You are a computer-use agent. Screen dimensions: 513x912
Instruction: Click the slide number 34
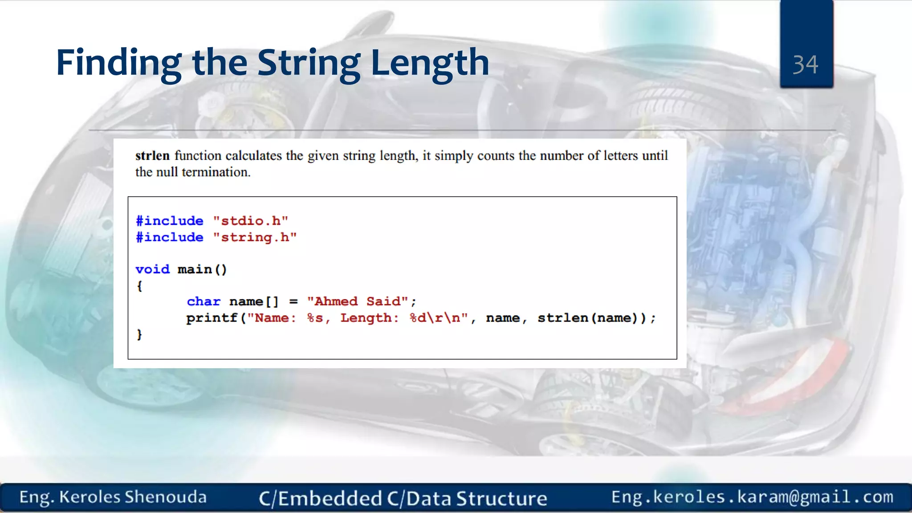click(x=805, y=65)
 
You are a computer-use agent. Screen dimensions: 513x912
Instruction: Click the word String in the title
click(x=309, y=63)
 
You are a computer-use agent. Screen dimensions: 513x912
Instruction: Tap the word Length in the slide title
click(x=430, y=63)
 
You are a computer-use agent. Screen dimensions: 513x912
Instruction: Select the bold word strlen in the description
click(x=152, y=155)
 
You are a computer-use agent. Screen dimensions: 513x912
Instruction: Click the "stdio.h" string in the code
click(x=250, y=221)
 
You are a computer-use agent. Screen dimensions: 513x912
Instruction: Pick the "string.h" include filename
click(x=255, y=237)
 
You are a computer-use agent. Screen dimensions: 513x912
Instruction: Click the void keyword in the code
click(x=152, y=269)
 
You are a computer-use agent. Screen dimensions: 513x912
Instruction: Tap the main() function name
click(x=202, y=269)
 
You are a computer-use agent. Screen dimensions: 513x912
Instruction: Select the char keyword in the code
click(x=204, y=301)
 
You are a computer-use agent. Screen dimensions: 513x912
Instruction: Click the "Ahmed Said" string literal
click(x=357, y=301)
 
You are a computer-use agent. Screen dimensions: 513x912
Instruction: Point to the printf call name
click(x=212, y=318)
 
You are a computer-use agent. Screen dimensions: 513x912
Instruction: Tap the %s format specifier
click(x=315, y=318)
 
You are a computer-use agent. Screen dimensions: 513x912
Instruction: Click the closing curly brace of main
click(x=139, y=334)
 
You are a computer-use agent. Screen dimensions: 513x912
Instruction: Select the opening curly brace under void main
click(x=139, y=286)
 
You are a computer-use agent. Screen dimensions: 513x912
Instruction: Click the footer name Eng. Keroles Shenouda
click(x=113, y=497)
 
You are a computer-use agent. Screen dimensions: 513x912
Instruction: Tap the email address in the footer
click(x=752, y=497)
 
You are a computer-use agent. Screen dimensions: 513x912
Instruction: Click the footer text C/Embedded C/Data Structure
click(x=403, y=498)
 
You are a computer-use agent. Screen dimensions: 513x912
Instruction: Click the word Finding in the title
click(x=118, y=63)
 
